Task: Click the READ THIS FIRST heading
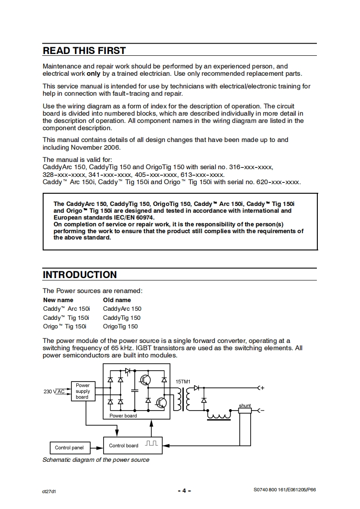[x=84, y=50]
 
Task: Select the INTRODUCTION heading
[x=79, y=274]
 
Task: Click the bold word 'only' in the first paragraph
[x=94, y=73]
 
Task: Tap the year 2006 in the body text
[x=112, y=147]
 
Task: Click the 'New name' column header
[x=58, y=300]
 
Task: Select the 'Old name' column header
[x=117, y=300]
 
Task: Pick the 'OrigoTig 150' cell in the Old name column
[x=120, y=326]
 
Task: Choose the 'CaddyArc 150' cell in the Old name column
[x=122, y=308]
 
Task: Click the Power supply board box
[x=83, y=391]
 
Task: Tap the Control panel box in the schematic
[x=69, y=448]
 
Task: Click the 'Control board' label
[x=123, y=445]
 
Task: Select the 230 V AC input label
[x=54, y=391]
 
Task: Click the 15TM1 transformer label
[x=183, y=382]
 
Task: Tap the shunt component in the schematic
[x=245, y=411]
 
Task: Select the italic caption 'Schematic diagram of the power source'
[x=96, y=460]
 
